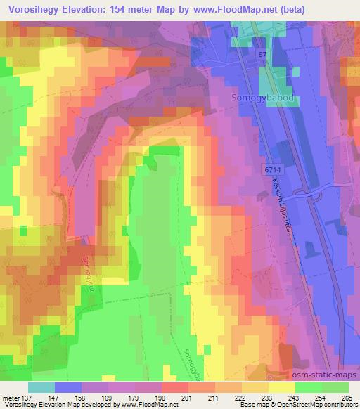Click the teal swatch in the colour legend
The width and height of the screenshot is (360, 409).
click(x=41, y=387)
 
